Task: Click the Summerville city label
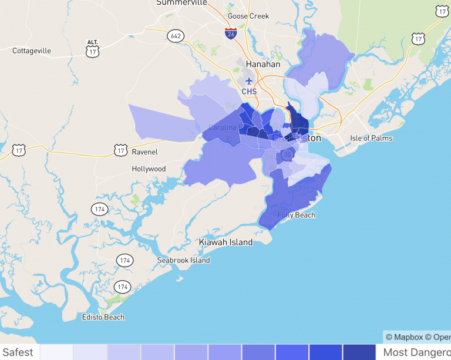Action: (x=181, y=3)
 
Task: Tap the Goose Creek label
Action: (x=248, y=16)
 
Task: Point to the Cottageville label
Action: (x=32, y=51)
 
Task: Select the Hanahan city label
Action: (x=263, y=64)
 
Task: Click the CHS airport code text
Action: (x=249, y=92)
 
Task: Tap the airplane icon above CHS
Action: (x=249, y=80)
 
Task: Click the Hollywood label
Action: (x=149, y=169)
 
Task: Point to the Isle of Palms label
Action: (x=371, y=139)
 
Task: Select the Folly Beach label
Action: (x=297, y=215)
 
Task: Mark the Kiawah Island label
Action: (x=226, y=242)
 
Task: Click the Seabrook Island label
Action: (x=183, y=260)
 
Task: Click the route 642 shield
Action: (x=175, y=36)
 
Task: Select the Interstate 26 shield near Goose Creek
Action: (x=231, y=33)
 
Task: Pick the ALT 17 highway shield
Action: (x=92, y=49)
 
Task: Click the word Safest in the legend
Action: (x=18, y=352)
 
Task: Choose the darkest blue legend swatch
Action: (x=359, y=352)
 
